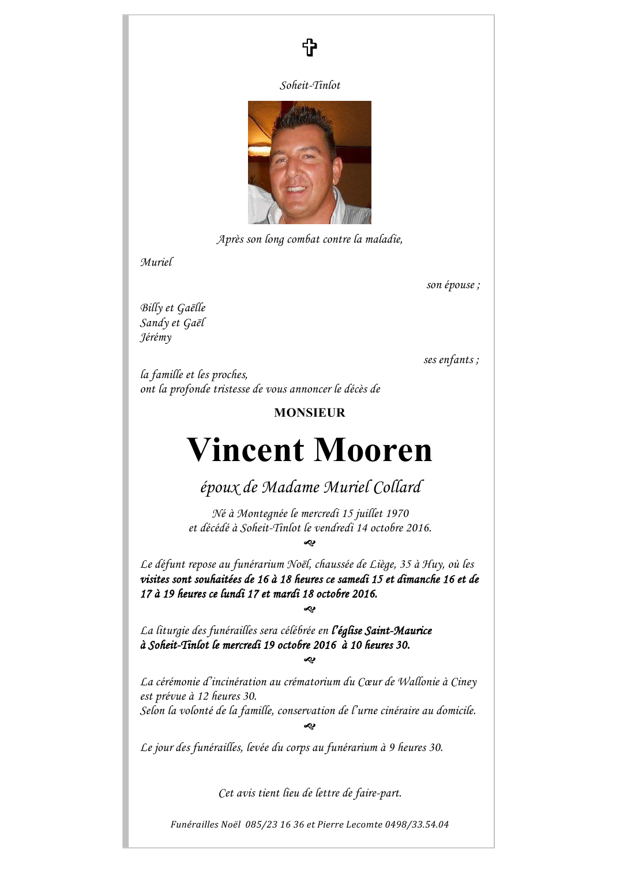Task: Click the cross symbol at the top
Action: click(310, 47)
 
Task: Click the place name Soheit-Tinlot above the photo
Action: click(310, 85)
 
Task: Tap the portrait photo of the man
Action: click(310, 163)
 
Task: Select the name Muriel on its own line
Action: click(156, 262)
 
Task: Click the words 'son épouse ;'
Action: click(453, 285)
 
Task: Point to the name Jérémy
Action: click(156, 337)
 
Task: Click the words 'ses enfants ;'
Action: click(451, 360)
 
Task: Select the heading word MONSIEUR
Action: click(310, 413)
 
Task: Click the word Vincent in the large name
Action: click(245, 450)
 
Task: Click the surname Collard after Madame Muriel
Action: click(398, 488)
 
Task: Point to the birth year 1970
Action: click(397, 513)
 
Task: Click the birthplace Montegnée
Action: click(262, 513)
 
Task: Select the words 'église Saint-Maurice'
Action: click(383, 630)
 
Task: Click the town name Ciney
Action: click(464, 682)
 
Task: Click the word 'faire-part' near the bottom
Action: click(378, 793)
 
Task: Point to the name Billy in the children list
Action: click(151, 308)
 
